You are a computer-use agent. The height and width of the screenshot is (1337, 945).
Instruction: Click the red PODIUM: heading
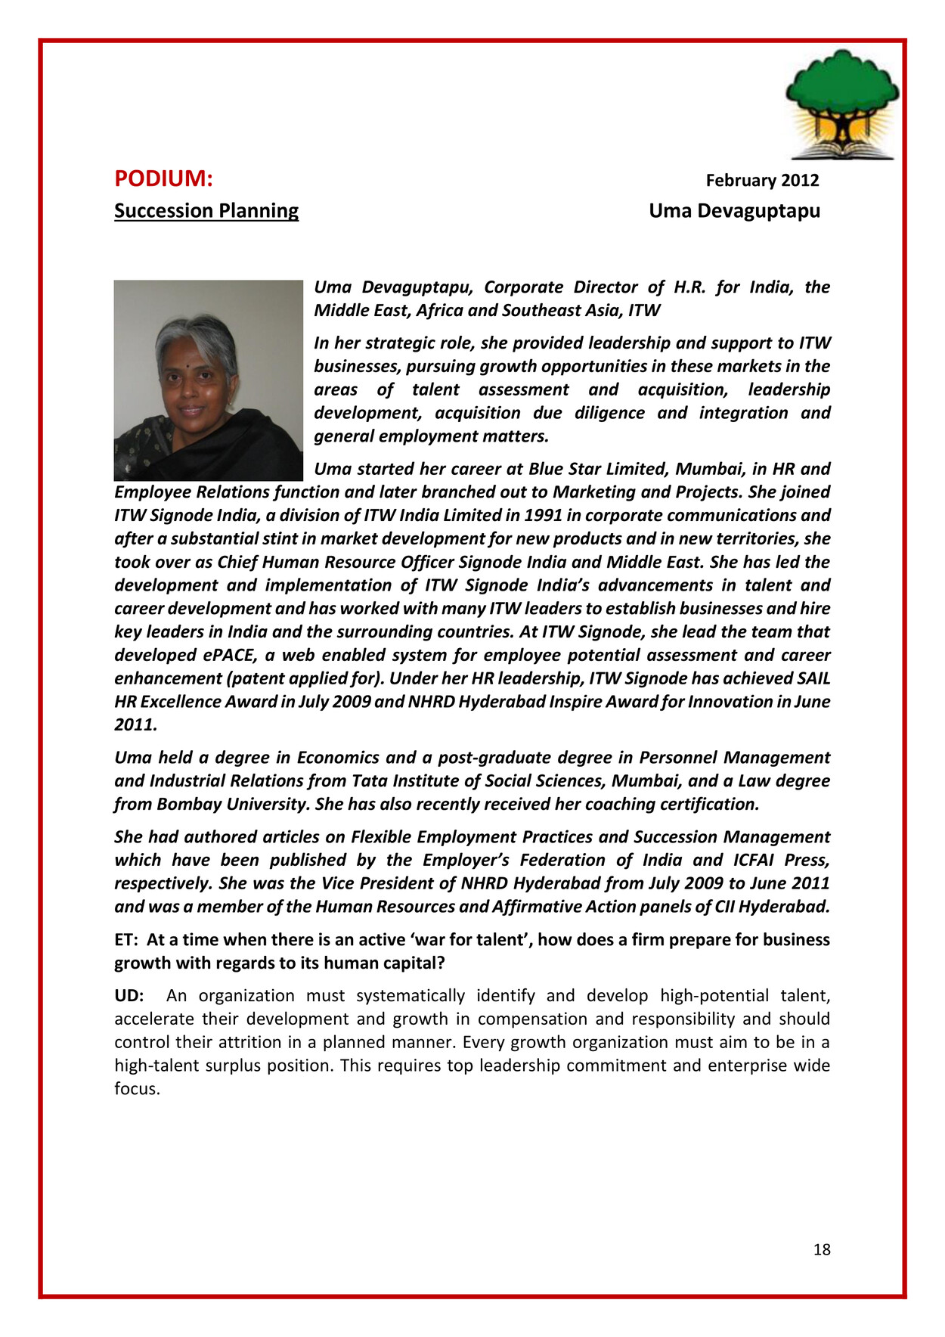(x=163, y=178)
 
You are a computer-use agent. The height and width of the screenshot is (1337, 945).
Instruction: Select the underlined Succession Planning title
(x=206, y=210)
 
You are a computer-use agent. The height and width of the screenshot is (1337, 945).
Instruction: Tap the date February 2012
(x=762, y=180)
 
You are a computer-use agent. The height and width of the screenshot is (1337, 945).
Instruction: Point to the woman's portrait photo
(x=208, y=380)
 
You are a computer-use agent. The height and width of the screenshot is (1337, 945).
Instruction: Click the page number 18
(x=822, y=1249)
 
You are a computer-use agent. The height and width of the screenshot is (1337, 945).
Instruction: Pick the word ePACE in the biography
(x=229, y=655)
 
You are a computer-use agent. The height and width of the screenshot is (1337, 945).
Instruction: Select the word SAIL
(x=813, y=678)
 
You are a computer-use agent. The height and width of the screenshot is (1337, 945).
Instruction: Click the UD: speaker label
(x=129, y=995)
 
